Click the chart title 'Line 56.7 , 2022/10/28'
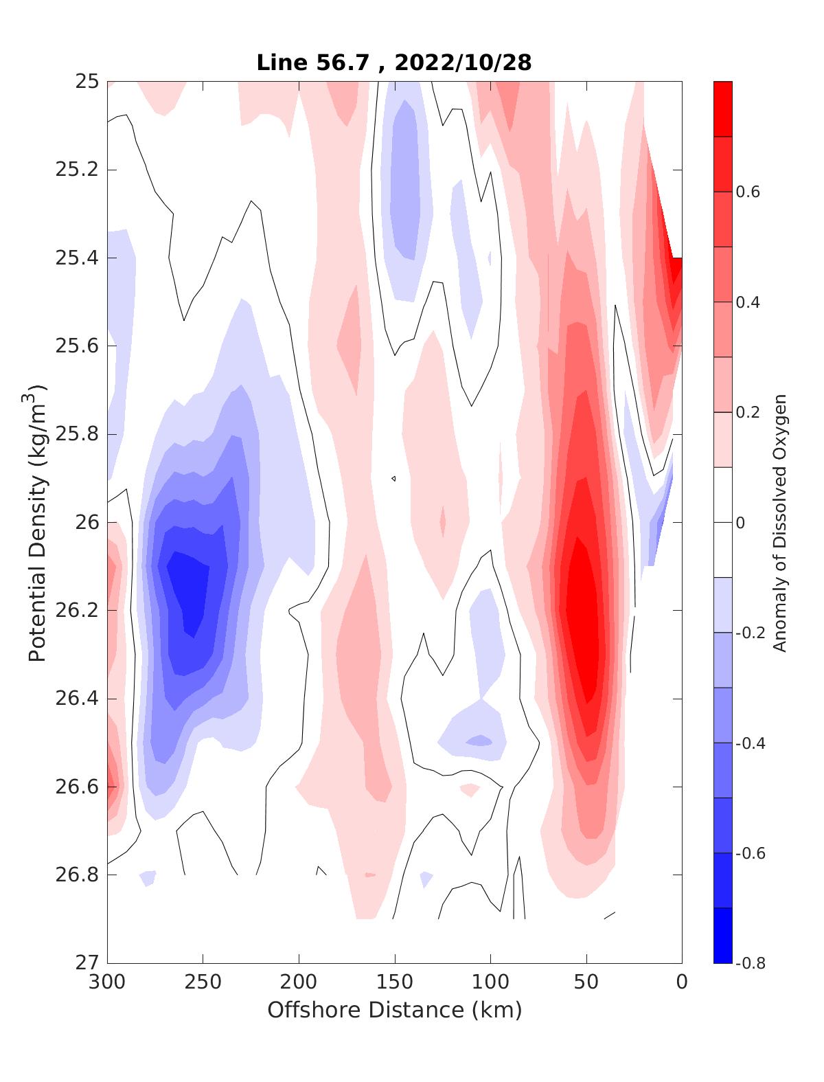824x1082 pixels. [x=393, y=63]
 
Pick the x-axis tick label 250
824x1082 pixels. [x=203, y=982]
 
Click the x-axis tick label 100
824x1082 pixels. [x=490, y=982]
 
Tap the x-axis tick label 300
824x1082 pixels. [x=108, y=982]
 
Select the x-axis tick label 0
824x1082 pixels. [x=681, y=982]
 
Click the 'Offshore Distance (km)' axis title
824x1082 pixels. [x=394, y=1010]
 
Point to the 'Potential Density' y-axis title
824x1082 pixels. [x=38, y=522]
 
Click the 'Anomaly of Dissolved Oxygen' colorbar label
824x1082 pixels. [x=779, y=522]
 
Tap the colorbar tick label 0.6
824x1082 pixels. [x=748, y=192]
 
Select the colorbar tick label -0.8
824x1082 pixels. [x=751, y=962]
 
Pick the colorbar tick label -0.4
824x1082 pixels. [x=751, y=743]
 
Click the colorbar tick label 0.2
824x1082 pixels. [x=748, y=412]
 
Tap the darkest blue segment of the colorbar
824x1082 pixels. [x=723, y=935]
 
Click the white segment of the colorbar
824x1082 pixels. [x=723, y=522]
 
